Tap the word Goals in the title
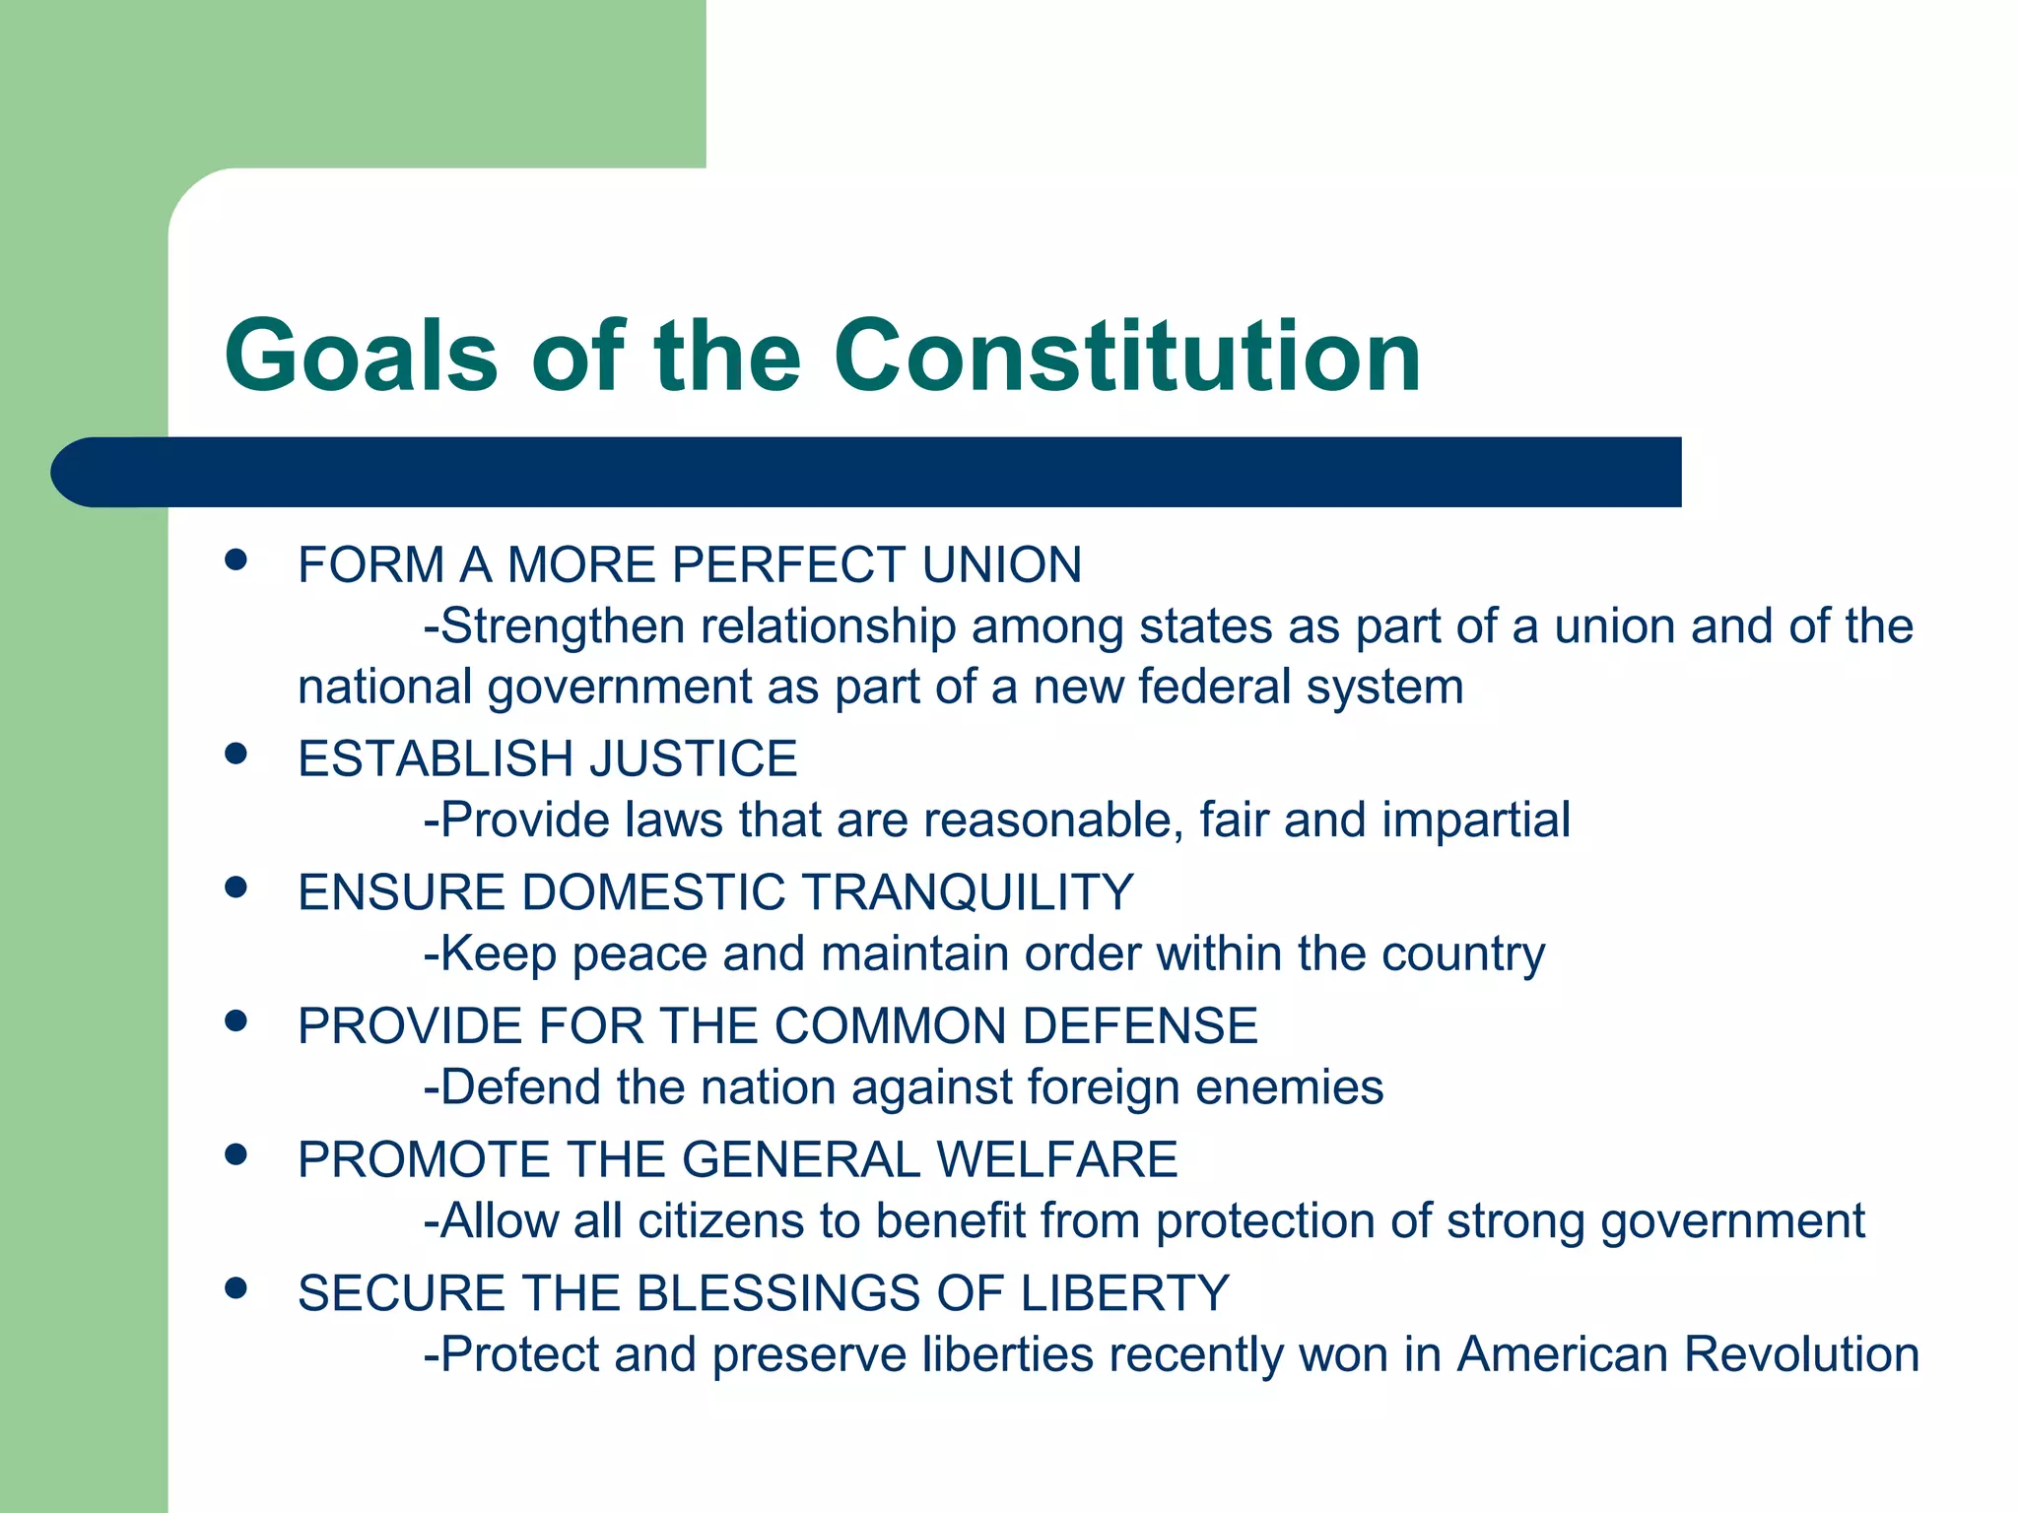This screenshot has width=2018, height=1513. click(x=361, y=356)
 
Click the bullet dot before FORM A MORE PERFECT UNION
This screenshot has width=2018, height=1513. click(x=235, y=560)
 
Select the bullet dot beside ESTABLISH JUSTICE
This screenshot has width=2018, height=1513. click(x=235, y=754)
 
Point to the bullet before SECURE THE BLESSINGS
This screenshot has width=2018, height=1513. click(x=235, y=1287)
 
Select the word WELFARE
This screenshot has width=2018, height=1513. click(x=1056, y=1159)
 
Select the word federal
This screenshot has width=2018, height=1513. click(x=1214, y=687)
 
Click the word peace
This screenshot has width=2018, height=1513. click(x=639, y=954)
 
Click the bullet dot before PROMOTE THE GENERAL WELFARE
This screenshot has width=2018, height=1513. click(x=235, y=1153)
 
